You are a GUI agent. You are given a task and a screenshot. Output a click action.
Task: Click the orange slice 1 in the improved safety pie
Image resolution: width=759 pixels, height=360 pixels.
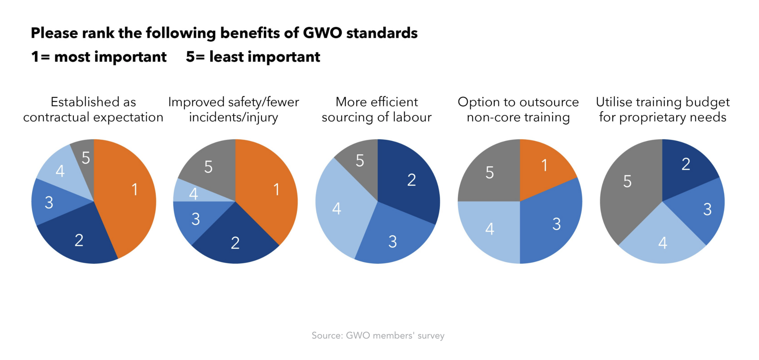click(271, 189)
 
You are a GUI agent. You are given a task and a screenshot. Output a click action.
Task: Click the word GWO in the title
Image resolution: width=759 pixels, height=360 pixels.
click(322, 33)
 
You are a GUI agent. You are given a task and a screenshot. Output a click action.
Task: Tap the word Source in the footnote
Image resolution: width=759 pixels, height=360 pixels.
click(327, 336)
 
